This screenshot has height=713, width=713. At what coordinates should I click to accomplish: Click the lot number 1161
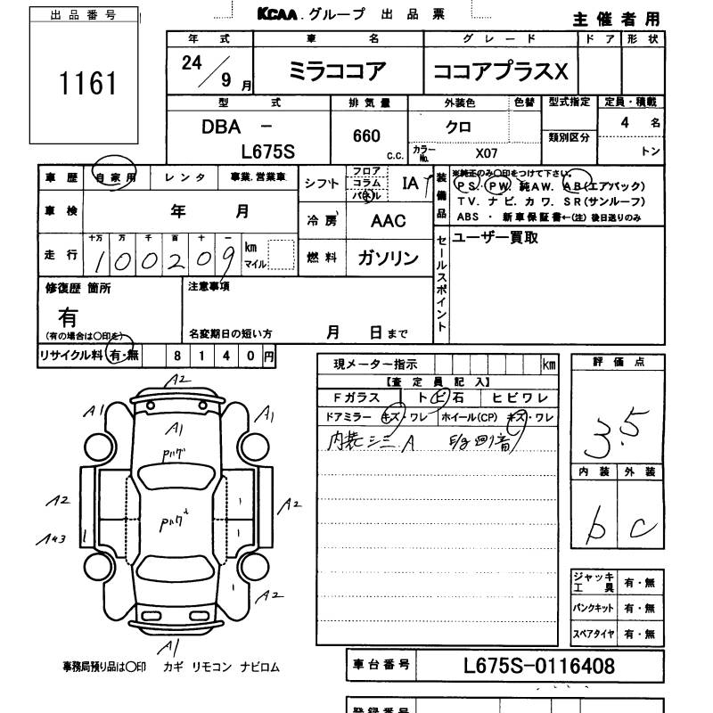click(87, 84)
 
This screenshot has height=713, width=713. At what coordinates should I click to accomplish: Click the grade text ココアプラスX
click(499, 72)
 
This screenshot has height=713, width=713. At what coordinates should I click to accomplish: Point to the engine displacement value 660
click(366, 136)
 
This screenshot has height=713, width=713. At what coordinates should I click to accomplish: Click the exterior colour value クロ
click(458, 127)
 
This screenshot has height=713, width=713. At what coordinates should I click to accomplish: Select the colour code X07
click(487, 152)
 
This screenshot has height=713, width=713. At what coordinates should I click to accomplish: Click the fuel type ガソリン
click(387, 258)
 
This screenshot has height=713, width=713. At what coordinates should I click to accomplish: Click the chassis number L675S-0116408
click(539, 666)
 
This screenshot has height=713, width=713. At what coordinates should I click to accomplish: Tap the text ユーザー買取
click(496, 238)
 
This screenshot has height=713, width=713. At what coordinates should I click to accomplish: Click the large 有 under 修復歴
click(69, 316)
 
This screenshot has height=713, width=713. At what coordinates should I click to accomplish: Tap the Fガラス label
click(356, 398)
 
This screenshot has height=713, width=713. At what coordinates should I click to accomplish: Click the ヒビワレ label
click(519, 398)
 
